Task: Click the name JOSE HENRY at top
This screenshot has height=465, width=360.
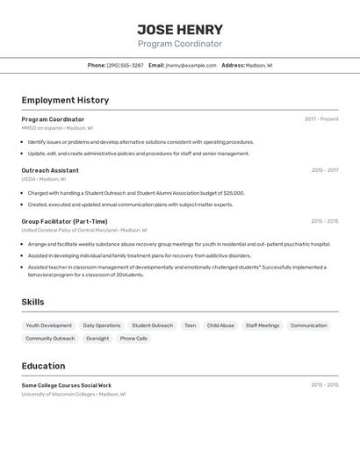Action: tap(180, 30)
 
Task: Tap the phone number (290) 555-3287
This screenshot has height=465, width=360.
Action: tap(126, 66)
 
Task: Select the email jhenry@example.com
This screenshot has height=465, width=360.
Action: tap(191, 66)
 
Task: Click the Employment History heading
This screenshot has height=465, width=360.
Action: tap(65, 100)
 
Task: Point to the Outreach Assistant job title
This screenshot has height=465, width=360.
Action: tap(50, 170)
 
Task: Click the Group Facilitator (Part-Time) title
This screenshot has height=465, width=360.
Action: tap(64, 221)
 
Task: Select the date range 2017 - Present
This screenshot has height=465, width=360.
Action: tap(321, 119)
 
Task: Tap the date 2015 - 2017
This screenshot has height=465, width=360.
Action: tap(324, 170)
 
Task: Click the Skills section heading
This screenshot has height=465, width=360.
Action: tap(33, 302)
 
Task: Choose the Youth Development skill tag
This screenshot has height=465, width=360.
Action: tap(49, 325)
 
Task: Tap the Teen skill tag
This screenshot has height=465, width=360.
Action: tap(190, 325)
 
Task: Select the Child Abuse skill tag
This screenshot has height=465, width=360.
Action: tap(220, 325)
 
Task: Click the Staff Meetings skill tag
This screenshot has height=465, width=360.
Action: tap(263, 325)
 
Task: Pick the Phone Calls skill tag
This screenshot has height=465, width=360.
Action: tap(133, 339)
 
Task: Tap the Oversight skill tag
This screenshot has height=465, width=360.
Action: tap(97, 339)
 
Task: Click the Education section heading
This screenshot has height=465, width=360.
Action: tap(43, 366)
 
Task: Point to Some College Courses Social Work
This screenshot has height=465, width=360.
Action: tap(66, 385)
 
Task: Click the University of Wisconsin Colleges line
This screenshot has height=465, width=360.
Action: tap(74, 395)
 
